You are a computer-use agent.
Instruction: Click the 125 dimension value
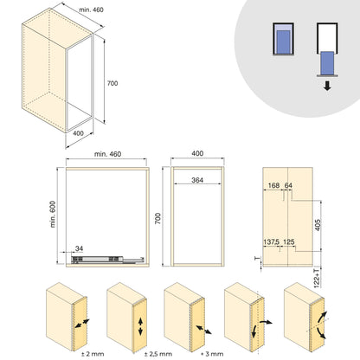point(289,243)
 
